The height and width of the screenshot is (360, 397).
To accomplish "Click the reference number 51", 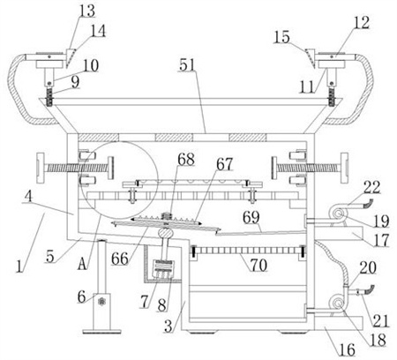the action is click(187, 65).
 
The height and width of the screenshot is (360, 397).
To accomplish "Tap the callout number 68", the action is click(186, 160).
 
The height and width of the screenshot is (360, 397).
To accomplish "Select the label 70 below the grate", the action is click(258, 265).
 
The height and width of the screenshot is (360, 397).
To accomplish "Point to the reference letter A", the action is click(83, 264).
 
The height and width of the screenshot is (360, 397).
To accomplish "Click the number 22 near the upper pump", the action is click(371, 187).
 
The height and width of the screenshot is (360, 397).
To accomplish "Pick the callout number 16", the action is click(348, 349).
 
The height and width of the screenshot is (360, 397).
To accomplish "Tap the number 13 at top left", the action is click(87, 11).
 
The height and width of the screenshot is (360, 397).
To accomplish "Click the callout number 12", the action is click(361, 22).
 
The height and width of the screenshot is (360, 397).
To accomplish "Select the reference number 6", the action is click(81, 296).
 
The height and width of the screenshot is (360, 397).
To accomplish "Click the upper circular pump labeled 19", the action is click(338, 214).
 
